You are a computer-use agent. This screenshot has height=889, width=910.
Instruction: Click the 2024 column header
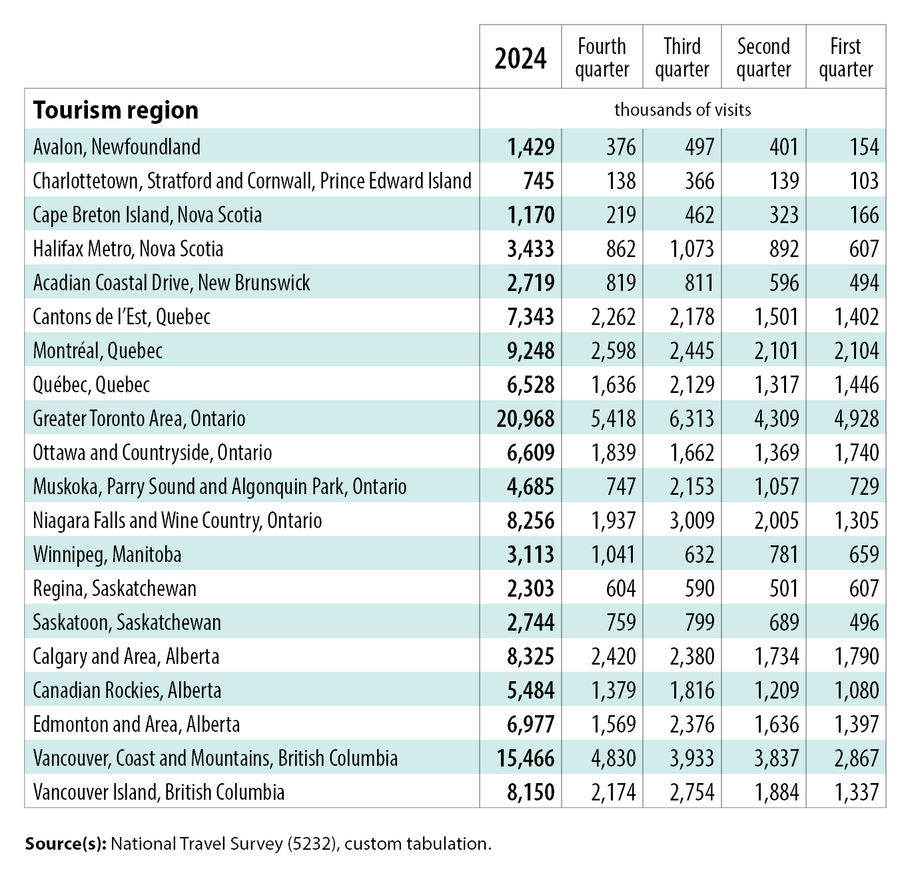pos(520,59)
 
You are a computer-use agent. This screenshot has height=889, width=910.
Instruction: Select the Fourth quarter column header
pos(602,58)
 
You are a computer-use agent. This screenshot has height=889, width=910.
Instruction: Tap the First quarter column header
pos(845,58)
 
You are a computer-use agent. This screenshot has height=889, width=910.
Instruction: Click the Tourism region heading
pos(116,110)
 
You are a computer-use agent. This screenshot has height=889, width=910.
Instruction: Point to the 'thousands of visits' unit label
pos(682,109)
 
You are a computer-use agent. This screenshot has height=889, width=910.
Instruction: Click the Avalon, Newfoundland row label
pos(117,147)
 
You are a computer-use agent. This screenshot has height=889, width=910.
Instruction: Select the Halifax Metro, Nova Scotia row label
pos(128,249)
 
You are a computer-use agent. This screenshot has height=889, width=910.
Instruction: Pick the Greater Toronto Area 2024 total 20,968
pos(526,419)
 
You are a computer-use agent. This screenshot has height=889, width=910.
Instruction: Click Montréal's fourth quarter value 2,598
pos(613,351)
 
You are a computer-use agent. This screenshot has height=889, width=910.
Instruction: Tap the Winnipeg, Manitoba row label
pos(107,555)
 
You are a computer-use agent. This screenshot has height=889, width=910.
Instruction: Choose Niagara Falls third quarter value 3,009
pos(692,521)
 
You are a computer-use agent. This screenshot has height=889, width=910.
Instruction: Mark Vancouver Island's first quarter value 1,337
pos(857,792)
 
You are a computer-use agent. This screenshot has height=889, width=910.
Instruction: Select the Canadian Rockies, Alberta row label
pos(127,691)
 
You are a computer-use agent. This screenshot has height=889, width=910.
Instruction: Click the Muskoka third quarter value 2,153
pos(692,487)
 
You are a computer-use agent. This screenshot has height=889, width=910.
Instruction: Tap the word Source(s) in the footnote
pos(65,844)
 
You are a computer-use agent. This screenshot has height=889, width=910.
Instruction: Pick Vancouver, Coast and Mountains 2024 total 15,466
pos(526,758)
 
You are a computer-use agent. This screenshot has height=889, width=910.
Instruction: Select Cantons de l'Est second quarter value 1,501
pos(776,317)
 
